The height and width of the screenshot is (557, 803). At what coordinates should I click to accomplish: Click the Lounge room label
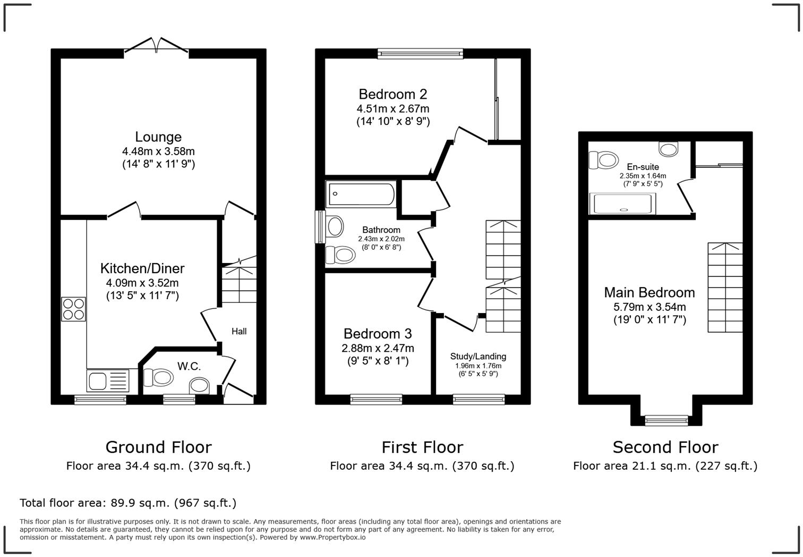pyautogui.click(x=158, y=137)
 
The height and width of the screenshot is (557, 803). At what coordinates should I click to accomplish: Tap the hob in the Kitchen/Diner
pyautogui.click(x=73, y=309)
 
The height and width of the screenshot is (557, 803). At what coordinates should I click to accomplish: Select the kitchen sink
pyautogui.click(x=107, y=381)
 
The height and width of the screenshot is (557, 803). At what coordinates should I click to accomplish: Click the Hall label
pyautogui.click(x=239, y=332)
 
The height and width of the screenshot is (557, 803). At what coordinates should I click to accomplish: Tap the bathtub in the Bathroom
pyautogui.click(x=361, y=194)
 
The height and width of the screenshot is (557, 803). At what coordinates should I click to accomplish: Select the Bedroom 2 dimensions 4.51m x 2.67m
pyautogui.click(x=393, y=109)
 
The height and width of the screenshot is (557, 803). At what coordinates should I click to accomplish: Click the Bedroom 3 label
pyautogui.click(x=378, y=334)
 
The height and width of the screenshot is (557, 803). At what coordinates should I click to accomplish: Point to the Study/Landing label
pyautogui.click(x=478, y=357)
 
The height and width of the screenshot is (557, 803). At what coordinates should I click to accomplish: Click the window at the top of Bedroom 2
pyautogui.click(x=420, y=53)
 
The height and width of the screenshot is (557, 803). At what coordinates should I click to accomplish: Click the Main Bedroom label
pyautogui.click(x=650, y=292)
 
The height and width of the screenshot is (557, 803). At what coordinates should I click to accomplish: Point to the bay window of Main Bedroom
pyautogui.click(x=666, y=421)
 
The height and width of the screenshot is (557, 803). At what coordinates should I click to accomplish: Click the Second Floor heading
pyautogui.click(x=665, y=447)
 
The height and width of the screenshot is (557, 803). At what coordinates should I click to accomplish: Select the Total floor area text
pyautogui.click(x=128, y=503)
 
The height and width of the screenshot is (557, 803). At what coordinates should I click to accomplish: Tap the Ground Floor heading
pyautogui.click(x=158, y=447)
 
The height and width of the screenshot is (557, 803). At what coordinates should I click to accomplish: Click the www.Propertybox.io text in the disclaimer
pyautogui.click(x=332, y=537)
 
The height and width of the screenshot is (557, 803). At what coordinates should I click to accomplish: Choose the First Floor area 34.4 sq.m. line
pyautogui.click(x=422, y=466)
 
